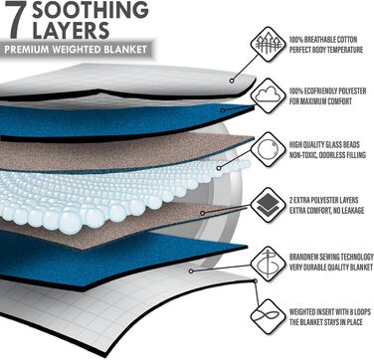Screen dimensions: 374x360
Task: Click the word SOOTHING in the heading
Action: point(91,10)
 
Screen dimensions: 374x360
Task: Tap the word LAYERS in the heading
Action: point(71,30)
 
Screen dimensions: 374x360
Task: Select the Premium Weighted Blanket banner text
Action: point(76,50)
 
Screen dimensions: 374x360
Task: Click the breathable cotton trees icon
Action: point(268,44)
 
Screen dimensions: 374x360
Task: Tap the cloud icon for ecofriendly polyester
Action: point(268,95)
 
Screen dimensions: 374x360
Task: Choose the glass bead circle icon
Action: point(268,149)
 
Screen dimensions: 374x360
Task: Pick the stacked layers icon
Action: point(268,205)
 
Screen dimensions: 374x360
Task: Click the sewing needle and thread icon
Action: point(268,264)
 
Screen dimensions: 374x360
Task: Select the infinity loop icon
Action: point(268,316)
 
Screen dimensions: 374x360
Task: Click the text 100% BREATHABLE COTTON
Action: point(323,40)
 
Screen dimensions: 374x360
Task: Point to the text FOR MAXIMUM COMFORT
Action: point(320,101)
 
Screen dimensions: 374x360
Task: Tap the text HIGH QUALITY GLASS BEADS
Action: point(324,145)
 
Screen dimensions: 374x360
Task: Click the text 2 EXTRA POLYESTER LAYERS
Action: point(323,200)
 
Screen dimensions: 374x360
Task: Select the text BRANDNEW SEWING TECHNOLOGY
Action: point(331,258)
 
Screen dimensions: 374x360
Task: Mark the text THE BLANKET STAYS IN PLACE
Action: point(326,322)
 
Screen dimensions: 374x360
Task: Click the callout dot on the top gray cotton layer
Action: point(232,81)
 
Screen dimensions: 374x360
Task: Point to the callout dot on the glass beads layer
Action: point(219,168)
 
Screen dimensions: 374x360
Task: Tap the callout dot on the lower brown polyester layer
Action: point(202,213)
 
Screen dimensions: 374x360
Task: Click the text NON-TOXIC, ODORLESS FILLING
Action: point(327,155)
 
